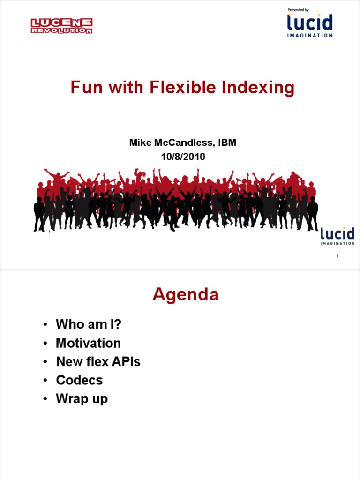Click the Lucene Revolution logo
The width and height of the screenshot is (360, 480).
(61, 26)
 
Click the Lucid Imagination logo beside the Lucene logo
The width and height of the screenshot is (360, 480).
(310, 25)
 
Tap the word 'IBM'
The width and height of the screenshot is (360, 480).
(226, 143)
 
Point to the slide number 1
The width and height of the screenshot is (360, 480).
(337, 256)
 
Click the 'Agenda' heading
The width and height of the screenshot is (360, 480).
(185, 295)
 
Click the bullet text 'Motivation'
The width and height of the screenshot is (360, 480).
(88, 343)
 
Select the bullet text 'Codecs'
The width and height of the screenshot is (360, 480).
(79, 380)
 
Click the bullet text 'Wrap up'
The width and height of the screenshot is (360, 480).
(82, 399)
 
